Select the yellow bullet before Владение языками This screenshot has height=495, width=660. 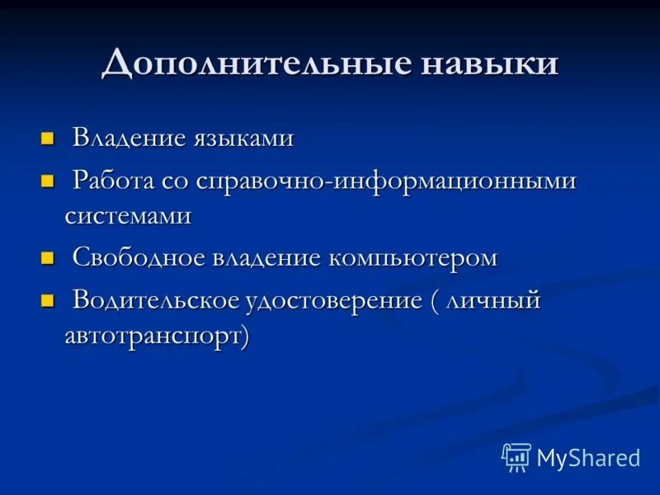[47, 137]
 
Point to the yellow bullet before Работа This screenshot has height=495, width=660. [47, 181]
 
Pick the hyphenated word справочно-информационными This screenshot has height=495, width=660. [386, 181]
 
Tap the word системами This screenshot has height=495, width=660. [128, 216]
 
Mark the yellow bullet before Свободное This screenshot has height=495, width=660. [47, 257]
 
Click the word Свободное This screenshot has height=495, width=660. [138, 257]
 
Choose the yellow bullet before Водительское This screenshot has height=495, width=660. [47, 300]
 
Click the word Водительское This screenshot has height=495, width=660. [154, 300]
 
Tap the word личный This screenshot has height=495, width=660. [493, 300]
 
